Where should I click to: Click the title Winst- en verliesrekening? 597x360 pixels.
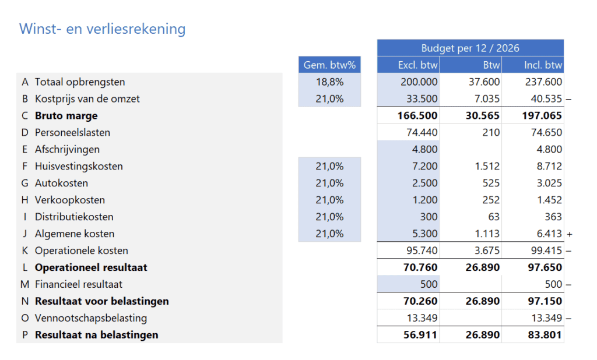(103, 29)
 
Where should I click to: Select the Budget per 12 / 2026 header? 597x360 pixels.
(470, 48)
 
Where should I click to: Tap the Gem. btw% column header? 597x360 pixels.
(329, 65)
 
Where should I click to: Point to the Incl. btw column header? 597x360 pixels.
(543, 65)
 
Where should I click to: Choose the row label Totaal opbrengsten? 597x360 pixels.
(80, 82)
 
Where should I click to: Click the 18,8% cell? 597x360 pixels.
(330, 82)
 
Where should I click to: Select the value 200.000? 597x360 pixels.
(419, 82)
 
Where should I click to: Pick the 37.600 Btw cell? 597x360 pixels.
(484, 82)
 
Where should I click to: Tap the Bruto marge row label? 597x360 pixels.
(66, 116)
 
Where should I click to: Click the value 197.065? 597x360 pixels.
(542, 116)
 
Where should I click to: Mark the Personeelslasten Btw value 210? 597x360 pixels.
(491, 132)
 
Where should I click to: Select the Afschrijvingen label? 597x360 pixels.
(67, 149)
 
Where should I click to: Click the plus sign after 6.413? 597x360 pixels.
(569, 234)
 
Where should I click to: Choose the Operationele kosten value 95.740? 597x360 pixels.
(422, 250)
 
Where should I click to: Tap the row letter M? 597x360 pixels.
(24, 284)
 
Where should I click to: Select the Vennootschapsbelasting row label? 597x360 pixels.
(91, 318)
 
